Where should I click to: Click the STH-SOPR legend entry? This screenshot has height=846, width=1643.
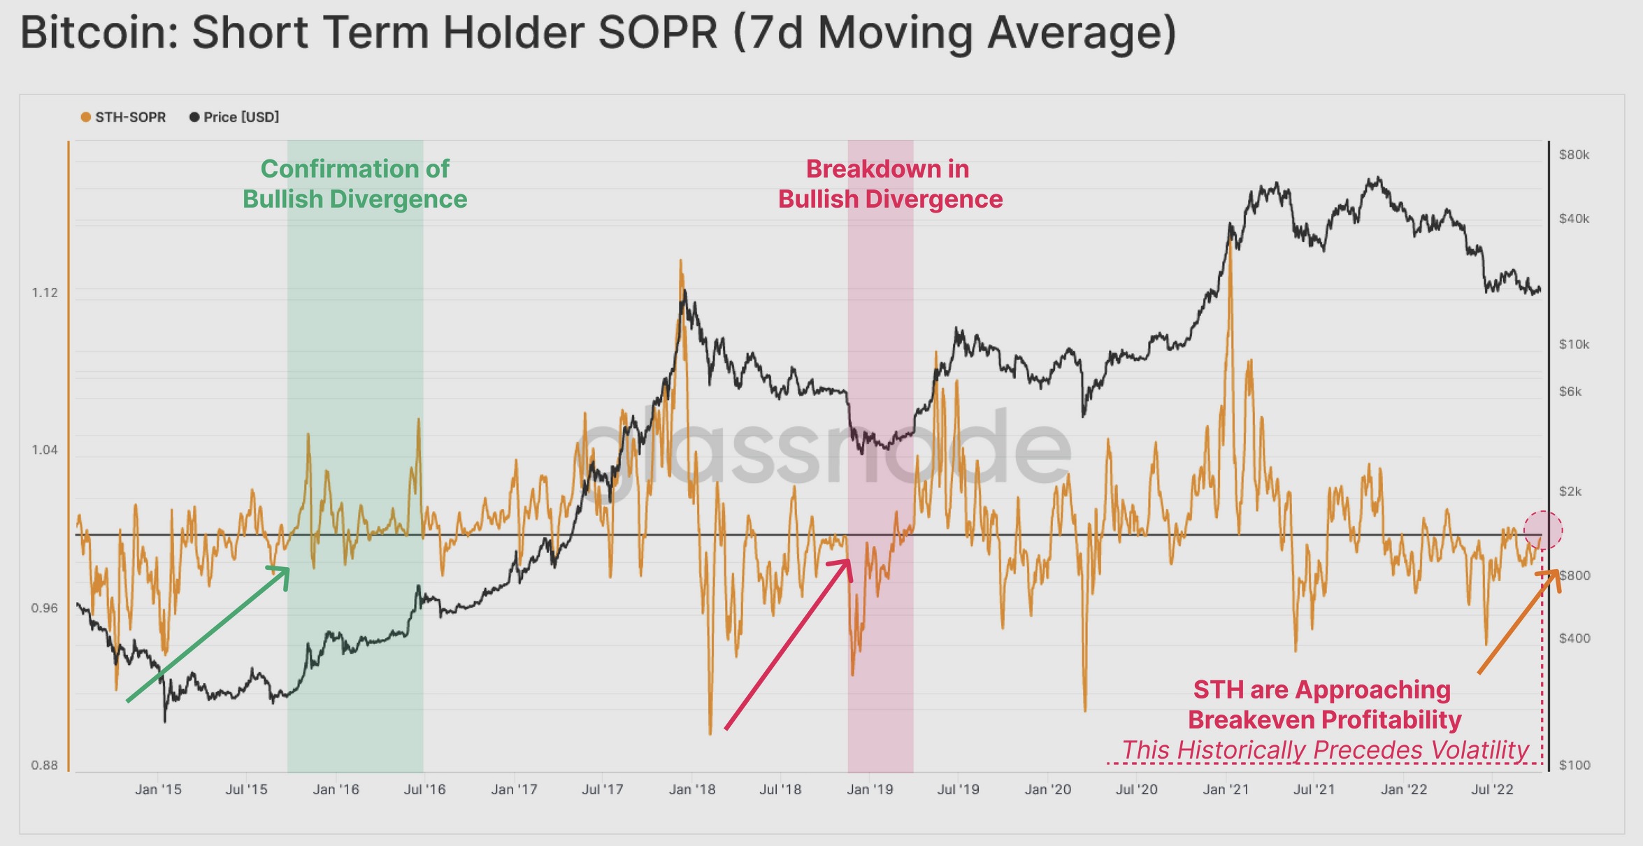123,117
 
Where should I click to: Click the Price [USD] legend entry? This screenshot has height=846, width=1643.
234,117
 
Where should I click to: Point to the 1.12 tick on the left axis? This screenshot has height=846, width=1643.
45,292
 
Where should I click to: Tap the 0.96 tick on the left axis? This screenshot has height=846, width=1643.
45,608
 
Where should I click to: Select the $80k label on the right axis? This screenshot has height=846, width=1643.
1574,155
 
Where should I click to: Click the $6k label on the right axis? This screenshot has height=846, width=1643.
1570,392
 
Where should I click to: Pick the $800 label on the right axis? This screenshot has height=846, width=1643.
1574,575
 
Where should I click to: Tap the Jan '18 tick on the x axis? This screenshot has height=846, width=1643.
692,789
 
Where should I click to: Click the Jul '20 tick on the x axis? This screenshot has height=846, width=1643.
1136,789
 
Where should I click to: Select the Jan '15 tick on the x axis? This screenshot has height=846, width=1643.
158,789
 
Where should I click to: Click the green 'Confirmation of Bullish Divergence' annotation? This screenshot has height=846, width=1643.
355,184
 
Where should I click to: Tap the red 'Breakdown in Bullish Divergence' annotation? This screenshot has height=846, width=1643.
890,184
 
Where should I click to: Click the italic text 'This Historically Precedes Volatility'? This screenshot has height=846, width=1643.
1325,750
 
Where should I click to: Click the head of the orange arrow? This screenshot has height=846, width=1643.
1556,573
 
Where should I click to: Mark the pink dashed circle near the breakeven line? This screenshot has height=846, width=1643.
1543,530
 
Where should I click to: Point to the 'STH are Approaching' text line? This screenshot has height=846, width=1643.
1322,690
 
